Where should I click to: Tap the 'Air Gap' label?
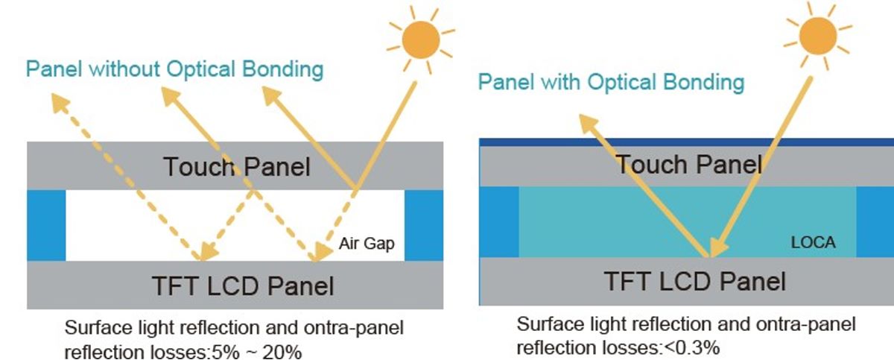[x=366, y=243]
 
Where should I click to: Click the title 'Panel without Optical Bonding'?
[x=175, y=69]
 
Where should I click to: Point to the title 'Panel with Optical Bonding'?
[x=611, y=81]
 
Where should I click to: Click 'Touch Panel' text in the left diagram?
[x=236, y=166]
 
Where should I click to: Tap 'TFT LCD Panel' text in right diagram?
[x=694, y=281]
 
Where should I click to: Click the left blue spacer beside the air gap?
[x=46, y=225]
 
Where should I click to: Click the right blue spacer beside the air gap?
[x=423, y=225]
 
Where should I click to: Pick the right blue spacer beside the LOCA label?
[x=875, y=221]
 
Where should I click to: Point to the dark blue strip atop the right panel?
[x=685, y=142]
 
